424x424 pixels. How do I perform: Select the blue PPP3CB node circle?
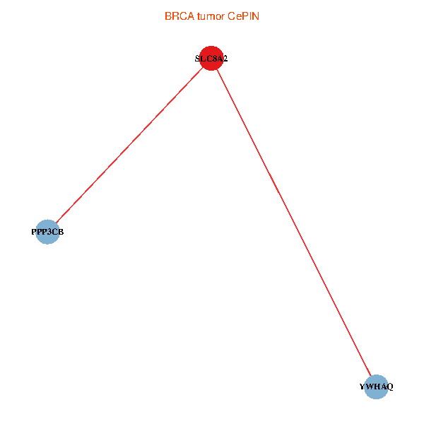click(47, 232)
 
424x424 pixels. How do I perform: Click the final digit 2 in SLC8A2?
click(225, 59)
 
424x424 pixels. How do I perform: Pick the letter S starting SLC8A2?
click(198, 59)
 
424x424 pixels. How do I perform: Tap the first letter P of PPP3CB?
click(35, 232)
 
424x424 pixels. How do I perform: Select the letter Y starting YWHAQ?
click(363, 387)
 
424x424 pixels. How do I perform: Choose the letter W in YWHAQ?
click(370, 387)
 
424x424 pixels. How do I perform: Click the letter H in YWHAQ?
click(377, 387)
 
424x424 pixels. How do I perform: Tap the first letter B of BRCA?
click(167, 16)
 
